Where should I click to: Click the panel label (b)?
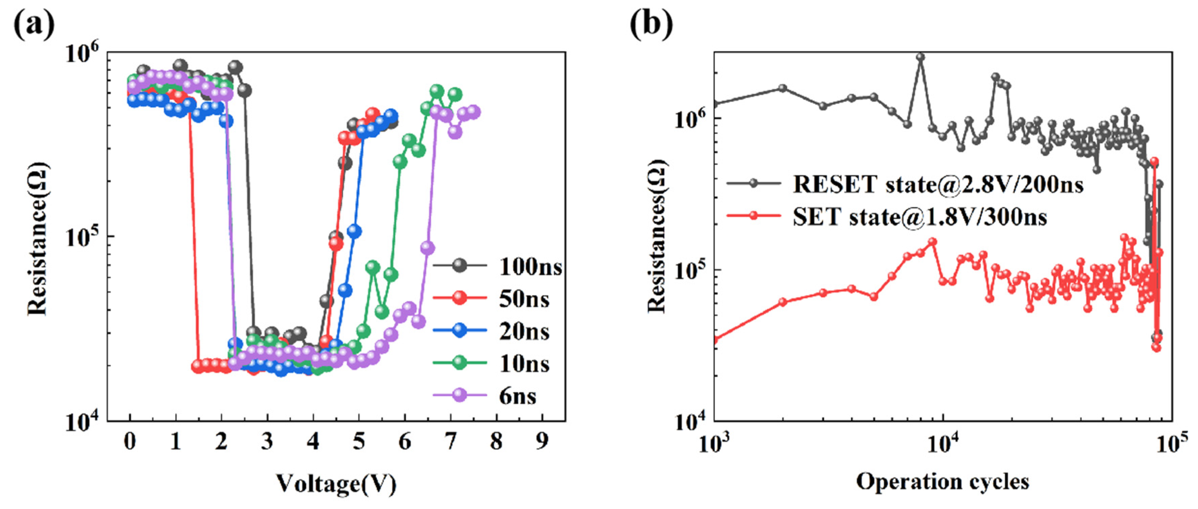click(651, 23)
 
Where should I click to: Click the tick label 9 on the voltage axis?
click(542, 441)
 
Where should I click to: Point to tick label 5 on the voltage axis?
click(358, 441)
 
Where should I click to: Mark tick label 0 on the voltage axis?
click(130, 441)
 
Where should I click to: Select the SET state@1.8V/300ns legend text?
click(919, 217)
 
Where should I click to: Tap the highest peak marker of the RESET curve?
click(920, 57)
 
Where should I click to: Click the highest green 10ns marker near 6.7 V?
click(436, 91)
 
